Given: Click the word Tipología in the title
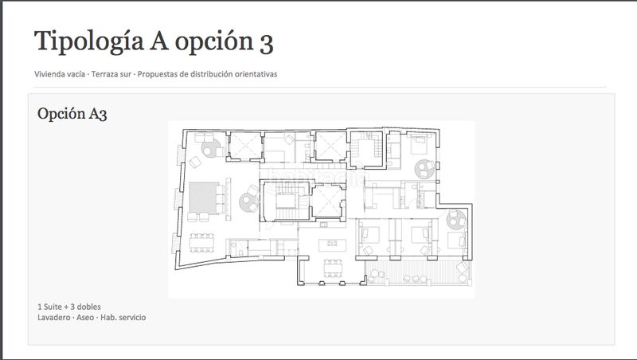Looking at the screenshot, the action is (89, 42).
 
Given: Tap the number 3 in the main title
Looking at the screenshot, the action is (266, 43).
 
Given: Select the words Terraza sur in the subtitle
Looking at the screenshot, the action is (111, 74).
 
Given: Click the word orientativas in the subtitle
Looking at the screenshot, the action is (256, 74).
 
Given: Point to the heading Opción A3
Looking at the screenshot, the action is (72, 114).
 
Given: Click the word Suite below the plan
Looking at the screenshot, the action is (53, 307).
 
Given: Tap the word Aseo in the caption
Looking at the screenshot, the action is (85, 317).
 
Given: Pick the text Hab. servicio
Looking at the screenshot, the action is (123, 317).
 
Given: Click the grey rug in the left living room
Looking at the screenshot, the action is (204, 198).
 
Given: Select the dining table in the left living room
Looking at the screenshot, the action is (201, 243).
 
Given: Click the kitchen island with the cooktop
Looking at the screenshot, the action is (332, 245).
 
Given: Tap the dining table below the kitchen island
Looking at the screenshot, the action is (333, 268).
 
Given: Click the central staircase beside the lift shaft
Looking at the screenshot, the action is (286, 202).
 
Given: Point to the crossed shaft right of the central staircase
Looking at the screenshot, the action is (327, 202).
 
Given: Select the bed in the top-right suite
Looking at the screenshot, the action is (419, 145).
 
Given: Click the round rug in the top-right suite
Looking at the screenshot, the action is (424, 169).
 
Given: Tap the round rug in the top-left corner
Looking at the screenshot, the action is (212, 148).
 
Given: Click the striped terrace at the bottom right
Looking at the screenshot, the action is (417, 272).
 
